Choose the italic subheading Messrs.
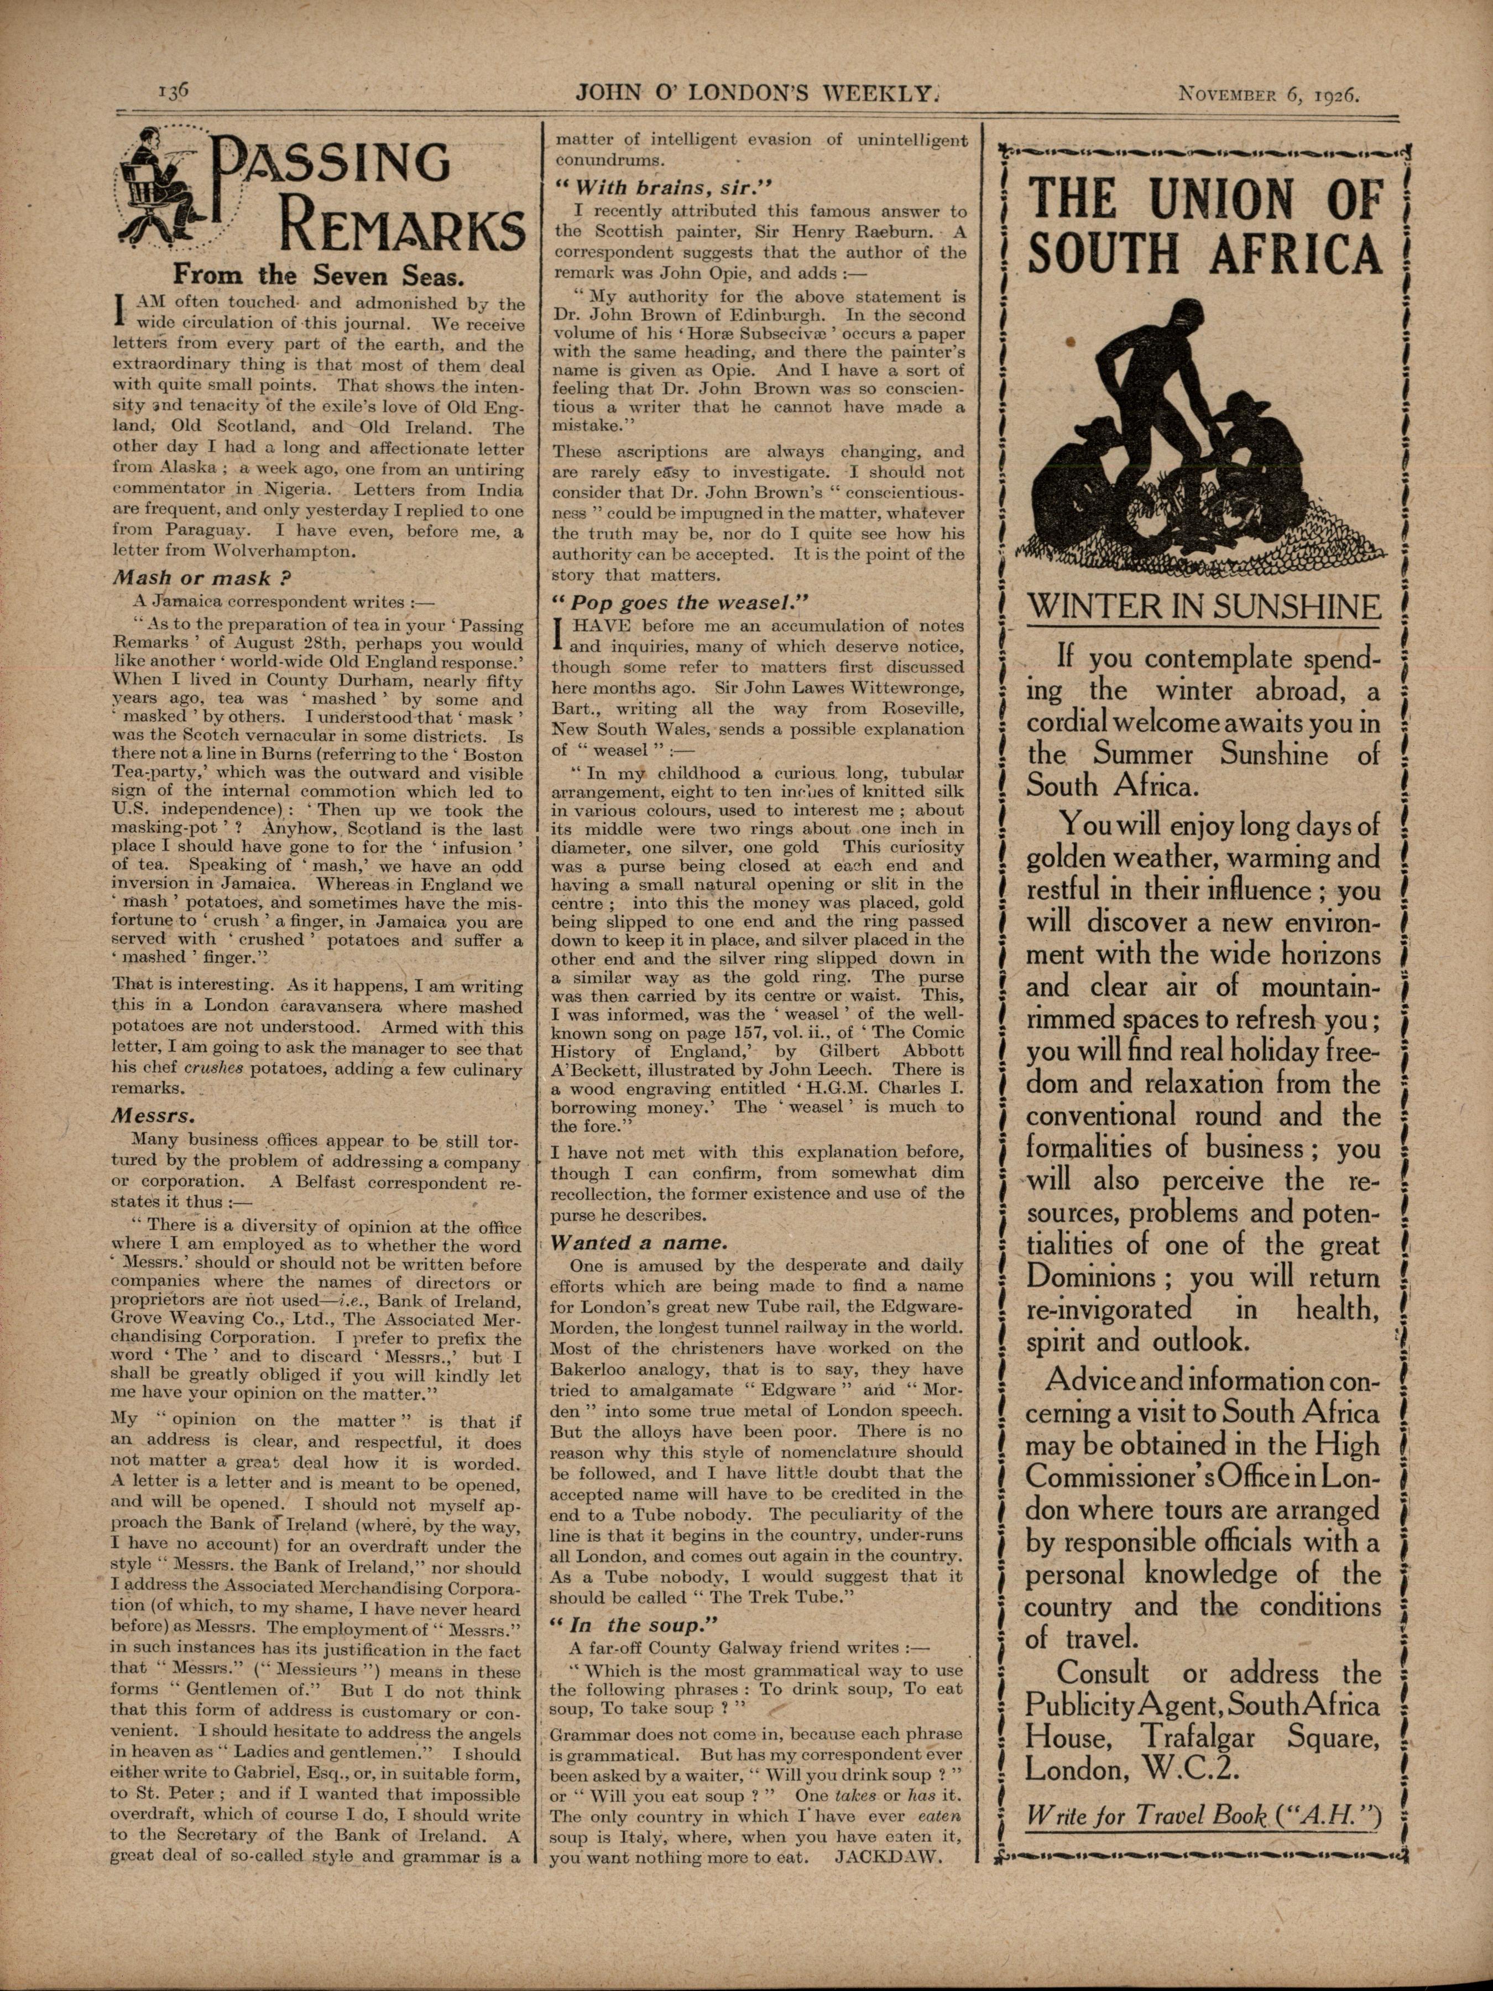click(151, 1115)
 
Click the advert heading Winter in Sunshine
click(1203, 606)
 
